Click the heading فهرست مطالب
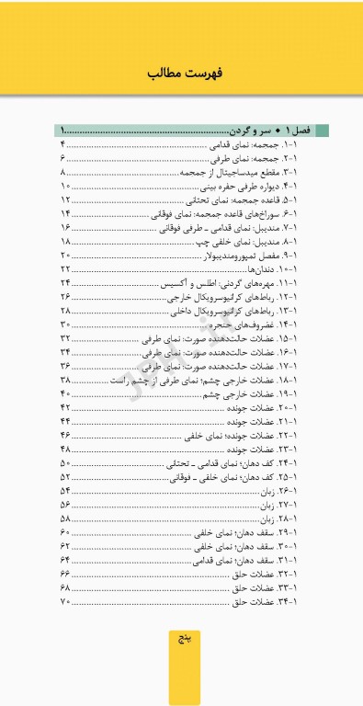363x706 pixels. (181, 73)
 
